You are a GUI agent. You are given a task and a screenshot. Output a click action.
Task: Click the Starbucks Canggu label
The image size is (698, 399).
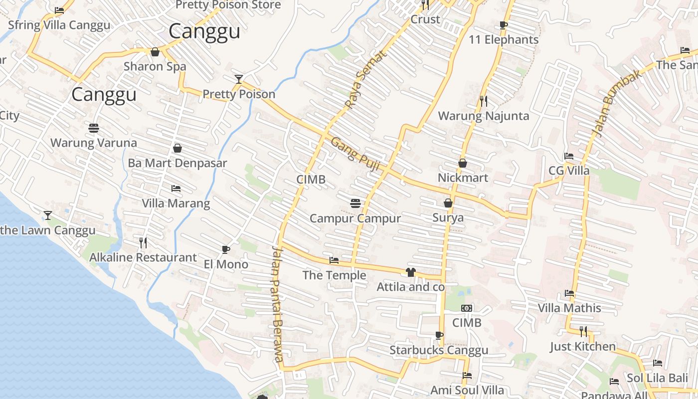439,350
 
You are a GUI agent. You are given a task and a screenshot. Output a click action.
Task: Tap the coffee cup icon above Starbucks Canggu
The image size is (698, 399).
439,335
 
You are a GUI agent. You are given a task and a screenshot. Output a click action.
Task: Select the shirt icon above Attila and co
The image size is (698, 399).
411,272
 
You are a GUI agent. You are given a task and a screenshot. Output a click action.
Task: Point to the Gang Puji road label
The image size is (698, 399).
354,154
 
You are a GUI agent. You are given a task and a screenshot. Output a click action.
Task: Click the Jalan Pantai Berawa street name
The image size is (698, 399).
277,304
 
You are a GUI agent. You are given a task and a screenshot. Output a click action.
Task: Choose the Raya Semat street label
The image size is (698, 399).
365,80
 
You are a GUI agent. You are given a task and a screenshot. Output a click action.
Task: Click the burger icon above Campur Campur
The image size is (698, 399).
355,203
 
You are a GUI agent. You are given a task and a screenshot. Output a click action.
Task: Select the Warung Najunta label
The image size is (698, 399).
484,116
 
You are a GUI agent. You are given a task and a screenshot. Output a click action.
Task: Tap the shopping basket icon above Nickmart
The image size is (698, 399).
463,163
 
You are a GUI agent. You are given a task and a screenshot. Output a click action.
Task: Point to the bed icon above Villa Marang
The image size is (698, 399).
176,188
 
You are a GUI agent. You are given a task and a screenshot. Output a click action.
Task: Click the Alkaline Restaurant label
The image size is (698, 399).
143,257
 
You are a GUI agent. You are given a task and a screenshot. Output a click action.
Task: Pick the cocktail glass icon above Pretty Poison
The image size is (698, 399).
239,79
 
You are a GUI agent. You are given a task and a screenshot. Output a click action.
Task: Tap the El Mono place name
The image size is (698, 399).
226,264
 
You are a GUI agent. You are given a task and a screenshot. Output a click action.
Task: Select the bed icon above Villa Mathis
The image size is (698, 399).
569,293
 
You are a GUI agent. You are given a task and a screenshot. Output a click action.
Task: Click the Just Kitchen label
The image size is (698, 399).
583,346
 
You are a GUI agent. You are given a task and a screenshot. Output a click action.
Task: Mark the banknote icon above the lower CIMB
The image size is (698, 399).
467,308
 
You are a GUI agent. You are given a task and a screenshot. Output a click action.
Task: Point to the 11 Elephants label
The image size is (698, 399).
504,40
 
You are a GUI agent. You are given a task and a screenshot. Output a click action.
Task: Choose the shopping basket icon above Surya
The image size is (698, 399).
448,202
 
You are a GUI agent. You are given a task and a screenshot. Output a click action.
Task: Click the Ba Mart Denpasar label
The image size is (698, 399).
177,163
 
